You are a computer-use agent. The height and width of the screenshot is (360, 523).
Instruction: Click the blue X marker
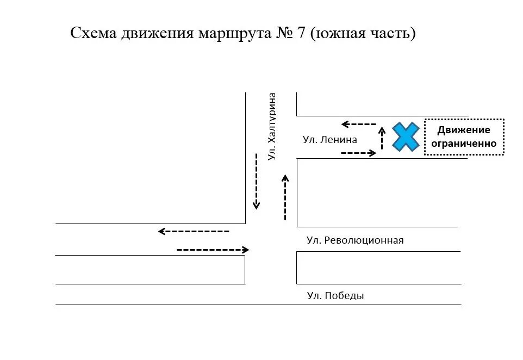406,137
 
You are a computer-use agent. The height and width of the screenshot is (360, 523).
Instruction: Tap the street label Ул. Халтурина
272,126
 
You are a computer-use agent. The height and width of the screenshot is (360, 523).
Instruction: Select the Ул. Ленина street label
329,140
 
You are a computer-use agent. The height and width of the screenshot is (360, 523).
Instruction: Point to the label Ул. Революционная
355,240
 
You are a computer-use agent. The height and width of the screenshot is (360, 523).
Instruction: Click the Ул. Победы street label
335,296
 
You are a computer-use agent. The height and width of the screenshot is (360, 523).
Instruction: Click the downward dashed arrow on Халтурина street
256,181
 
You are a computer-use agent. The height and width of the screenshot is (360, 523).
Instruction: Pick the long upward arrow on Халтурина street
285,197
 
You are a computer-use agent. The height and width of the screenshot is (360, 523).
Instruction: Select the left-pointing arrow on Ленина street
359,124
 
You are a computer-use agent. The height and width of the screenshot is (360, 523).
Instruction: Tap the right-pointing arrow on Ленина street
358,153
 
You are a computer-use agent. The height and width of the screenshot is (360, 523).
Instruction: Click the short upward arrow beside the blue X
382,138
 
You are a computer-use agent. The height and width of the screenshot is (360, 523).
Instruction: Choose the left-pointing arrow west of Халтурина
194,231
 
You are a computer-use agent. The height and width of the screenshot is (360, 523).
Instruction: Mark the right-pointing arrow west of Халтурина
213,250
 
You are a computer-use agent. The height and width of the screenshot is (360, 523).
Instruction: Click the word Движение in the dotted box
464,130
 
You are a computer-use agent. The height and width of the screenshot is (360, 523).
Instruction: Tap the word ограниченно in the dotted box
464,144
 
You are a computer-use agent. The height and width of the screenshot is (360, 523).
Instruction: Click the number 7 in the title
301,33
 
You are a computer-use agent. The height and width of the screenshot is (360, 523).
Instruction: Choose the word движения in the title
157,33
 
